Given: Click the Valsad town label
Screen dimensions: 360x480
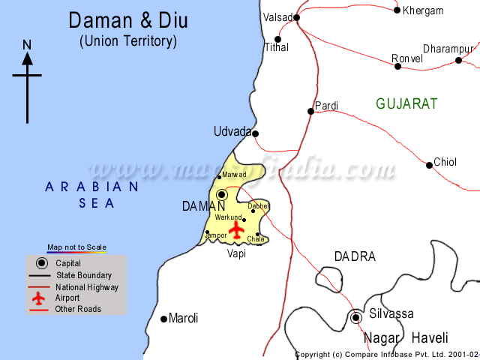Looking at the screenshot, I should click(277, 16).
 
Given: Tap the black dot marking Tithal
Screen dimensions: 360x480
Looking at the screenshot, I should click(277, 39).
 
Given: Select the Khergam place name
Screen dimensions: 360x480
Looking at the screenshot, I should click(423, 10).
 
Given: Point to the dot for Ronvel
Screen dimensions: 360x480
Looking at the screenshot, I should click(397, 67).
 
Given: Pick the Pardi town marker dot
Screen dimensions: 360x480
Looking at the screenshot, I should click(310, 112).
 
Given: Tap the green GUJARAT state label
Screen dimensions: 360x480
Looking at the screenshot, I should click(406, 104).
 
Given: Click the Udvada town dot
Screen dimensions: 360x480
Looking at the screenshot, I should click(255, 134).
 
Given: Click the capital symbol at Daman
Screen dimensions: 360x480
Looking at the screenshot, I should click(222, 194).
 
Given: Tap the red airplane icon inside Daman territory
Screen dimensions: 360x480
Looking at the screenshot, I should click(238, 230).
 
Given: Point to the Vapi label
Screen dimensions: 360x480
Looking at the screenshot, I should click(236, 253).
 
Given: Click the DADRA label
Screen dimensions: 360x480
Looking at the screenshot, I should click(355, 256).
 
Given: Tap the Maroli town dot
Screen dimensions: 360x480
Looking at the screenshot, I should click(164, 319).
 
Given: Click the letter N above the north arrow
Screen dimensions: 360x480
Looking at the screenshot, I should click(27, 44).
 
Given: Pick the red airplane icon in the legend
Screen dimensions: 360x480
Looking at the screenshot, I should click(40, 298).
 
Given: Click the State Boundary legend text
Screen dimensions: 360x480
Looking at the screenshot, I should click(83, 275).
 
